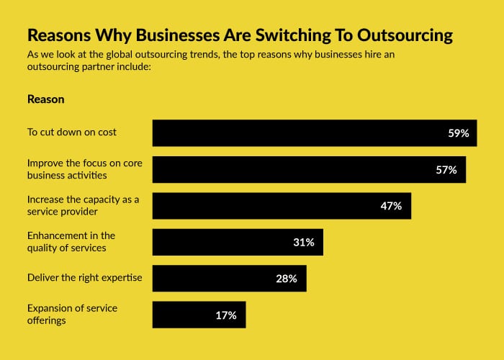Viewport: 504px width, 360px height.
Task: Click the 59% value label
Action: pyautogui.click(x=458, y=133)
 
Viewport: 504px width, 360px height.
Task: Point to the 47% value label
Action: pyautogui.click(x=391, y=206)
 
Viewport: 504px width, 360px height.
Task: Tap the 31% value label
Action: pyautogui.click(x=304, y=242)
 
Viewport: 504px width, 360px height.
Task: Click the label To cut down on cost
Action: pyautogui.click(x=71, y=132)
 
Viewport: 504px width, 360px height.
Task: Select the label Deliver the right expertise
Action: pyautogui.click(x=84, y=278)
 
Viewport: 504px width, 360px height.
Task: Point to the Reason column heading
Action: pyautogui.click(x=45, y=99)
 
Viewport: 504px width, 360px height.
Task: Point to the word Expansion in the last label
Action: pyautogui.click(x=50, y=308)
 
